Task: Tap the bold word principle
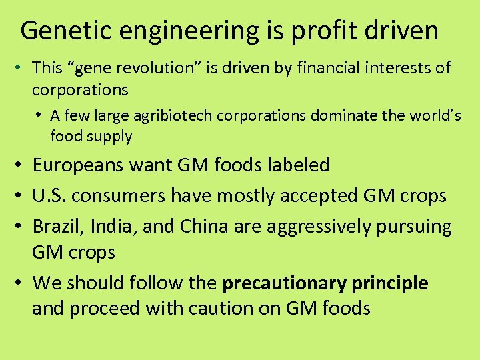coord(390,283)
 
